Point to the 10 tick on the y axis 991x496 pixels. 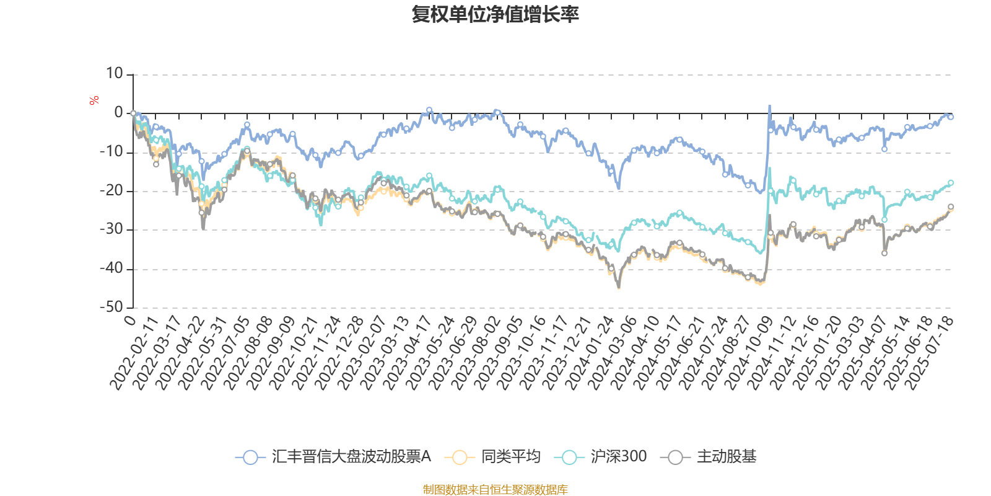[x=115, y=74]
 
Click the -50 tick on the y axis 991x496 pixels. [x=111, y=308]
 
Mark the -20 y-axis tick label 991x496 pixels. [x=111, y=191]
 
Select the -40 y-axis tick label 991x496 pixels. [x=111, y=269]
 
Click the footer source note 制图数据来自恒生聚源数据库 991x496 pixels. [x=495, y=490]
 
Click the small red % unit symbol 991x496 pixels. [x=94, y=100]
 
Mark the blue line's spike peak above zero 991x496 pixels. [x=770, y=107]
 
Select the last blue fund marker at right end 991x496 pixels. [x=951, y=117]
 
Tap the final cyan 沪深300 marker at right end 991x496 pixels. [x=951, y=183]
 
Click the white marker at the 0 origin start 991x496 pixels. [x=133, y=113]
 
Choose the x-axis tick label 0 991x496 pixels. [x=129, y=320]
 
